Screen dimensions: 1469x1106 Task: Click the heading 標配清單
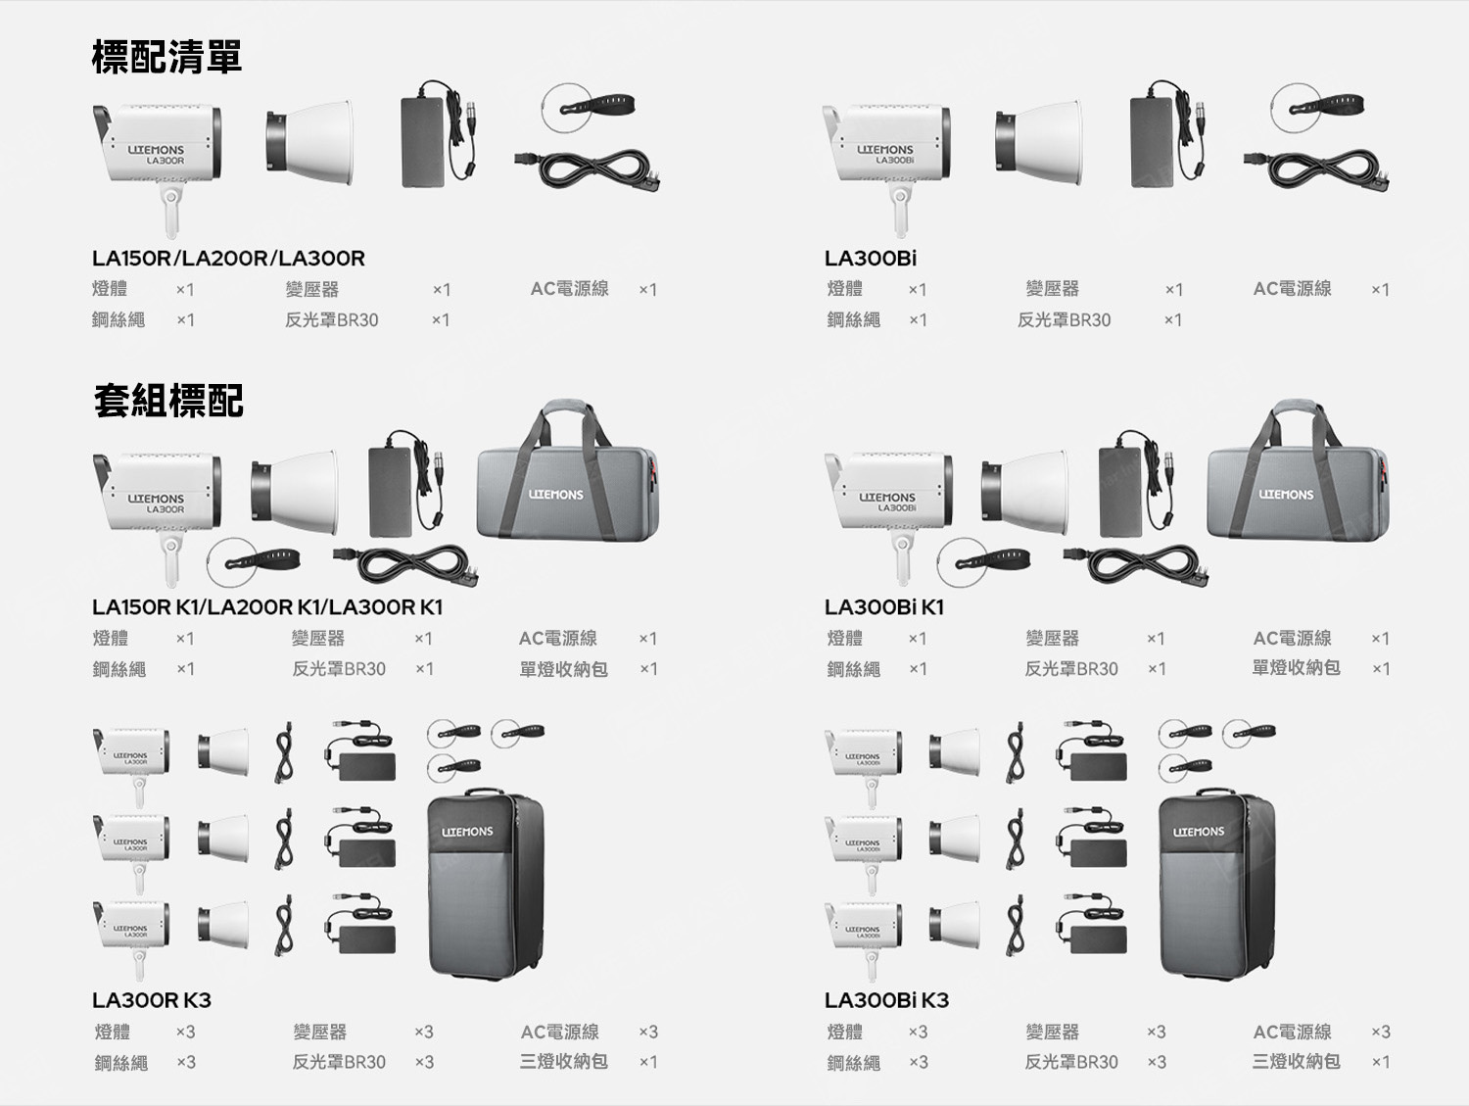tap(166, 57)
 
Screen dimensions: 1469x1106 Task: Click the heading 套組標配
tap(168, 401)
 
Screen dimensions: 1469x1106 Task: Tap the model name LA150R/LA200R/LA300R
tap(228, 258)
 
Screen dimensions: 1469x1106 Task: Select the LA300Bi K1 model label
tap(884, 606)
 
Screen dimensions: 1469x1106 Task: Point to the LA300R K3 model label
tap(151, 999)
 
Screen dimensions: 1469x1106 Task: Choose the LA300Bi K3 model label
tap(886, 999)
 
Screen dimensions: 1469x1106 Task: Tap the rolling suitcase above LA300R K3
tap(486, 884)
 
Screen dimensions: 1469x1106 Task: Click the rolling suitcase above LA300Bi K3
tap(1216, 884)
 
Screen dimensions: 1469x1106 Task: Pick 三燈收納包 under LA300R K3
tap(563, 1061)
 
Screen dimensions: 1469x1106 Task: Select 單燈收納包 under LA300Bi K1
tap(1296, 667)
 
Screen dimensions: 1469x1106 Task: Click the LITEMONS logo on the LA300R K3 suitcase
tap(467, 832)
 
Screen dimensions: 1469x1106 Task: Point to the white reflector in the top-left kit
tap(309, 143)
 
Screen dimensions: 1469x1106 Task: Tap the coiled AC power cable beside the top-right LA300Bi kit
tap(1316, 169)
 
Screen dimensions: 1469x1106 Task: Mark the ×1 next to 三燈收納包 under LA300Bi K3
tap(1381, 1062)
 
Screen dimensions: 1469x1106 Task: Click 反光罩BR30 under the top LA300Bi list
tap(1065, 320)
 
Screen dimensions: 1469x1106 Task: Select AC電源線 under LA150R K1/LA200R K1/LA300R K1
tap(557, 638)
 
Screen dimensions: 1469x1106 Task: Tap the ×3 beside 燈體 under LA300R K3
tap(185, 1032)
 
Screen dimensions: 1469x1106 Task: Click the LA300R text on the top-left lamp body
tap(165, 162)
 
